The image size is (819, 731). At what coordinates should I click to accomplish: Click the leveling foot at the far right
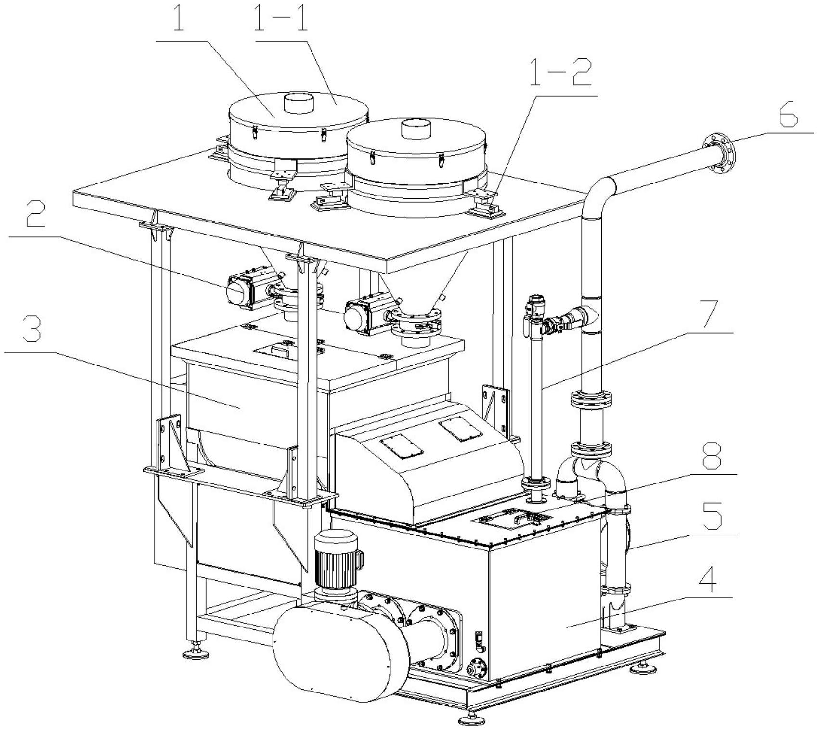pos(640,667)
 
